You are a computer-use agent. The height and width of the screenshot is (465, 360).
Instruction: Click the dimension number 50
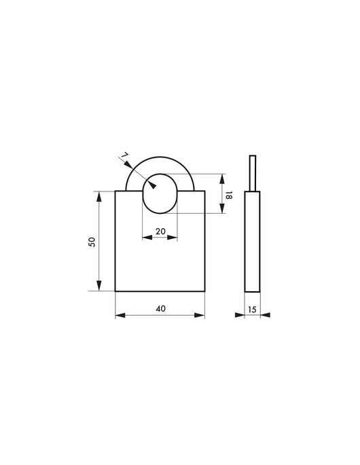[x=92, y=242]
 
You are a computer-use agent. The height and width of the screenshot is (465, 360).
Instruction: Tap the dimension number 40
[x=160, y=309]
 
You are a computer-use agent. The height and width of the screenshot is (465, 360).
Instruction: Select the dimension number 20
[x=160, y=231]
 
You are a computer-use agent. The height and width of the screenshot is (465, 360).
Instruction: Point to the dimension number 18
[x=229, y=196]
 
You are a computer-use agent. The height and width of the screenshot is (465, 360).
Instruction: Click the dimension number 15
[x=252, y=310]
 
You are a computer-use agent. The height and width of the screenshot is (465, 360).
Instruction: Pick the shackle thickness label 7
[x=124, y=155]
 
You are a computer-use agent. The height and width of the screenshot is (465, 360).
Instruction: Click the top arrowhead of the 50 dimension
[x=99, y=197]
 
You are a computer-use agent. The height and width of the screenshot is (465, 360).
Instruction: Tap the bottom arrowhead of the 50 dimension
[x=99, y=286]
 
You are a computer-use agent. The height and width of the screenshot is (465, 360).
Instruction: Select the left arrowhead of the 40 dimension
[x=120, y=315]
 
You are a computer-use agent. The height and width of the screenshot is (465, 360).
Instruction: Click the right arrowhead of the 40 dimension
[x=200, y=315]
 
